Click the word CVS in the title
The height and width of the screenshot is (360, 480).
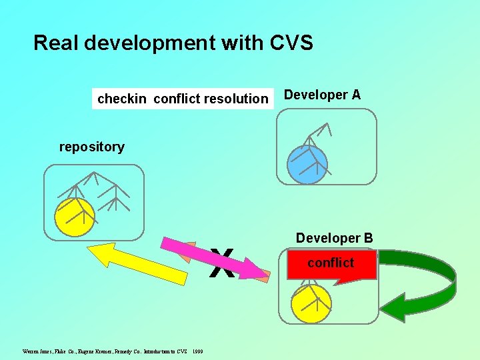291,43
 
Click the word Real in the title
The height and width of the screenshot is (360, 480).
53,43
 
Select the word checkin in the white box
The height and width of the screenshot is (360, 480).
121,99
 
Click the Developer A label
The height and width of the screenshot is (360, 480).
322,95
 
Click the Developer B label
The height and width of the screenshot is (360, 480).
334,238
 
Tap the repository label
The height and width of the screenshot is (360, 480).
91,147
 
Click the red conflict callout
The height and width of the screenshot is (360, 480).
331,264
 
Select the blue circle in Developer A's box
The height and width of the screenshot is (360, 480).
307,163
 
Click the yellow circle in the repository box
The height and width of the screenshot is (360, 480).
75,217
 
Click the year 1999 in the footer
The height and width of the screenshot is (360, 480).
198,351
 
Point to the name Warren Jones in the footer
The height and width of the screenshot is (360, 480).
37,351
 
